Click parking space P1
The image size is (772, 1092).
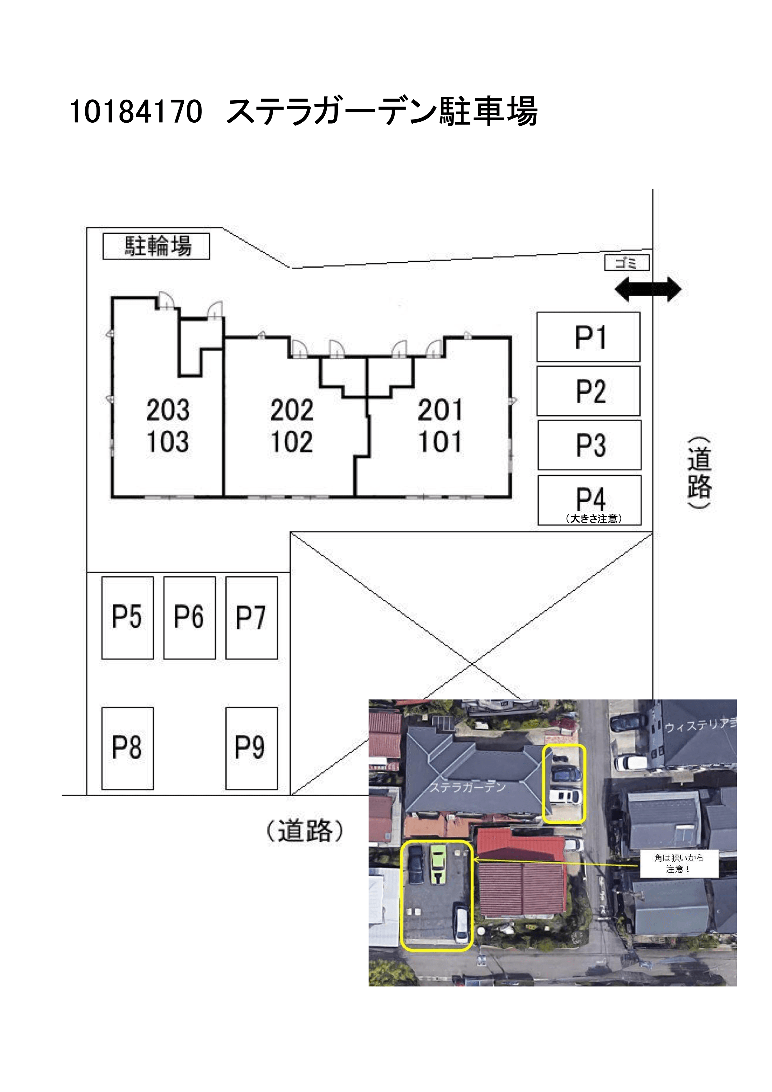(588, 337)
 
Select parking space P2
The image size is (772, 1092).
(588, 391)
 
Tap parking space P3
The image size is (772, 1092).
(589, 445)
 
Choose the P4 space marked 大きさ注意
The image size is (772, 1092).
(589, 500)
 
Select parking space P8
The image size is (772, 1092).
(128, 748)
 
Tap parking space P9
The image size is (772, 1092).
(251, 748)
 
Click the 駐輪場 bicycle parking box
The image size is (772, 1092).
(156, 246)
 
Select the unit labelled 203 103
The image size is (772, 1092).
(167, 426)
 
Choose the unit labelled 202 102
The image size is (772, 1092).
(292, 426)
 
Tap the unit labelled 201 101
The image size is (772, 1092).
(440, 426)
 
